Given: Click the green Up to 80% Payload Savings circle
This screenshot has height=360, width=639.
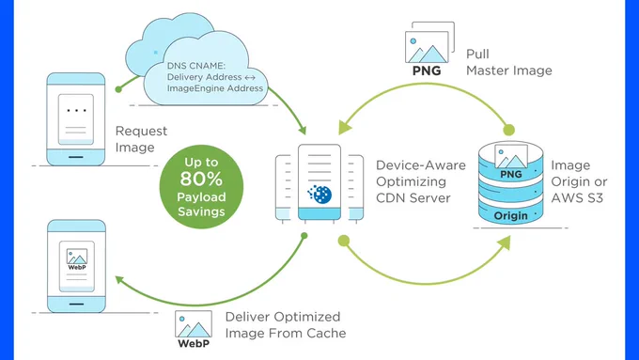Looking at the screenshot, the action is [x=201, y=187].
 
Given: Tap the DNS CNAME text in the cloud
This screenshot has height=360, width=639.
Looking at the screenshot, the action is [x=196, y=66].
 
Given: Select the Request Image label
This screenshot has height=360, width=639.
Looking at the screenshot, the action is [x=141, y=139].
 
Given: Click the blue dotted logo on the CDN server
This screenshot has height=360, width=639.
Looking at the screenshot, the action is [x=319, y=194].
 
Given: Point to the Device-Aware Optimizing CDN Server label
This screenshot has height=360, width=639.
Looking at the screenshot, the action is [x=421, y=181].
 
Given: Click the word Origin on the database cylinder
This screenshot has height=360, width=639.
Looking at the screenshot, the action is [x=510, y=215].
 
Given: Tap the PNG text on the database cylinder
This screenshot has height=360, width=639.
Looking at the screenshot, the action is [x=511, y=174].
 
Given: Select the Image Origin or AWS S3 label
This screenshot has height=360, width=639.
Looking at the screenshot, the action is [x=579, y=181].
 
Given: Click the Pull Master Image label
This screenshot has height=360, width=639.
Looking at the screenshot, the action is [x=509, y=62].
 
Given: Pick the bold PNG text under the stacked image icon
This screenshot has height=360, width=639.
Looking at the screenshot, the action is [x=427, y=70].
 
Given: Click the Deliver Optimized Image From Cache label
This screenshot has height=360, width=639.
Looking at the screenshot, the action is [x=286, y=325].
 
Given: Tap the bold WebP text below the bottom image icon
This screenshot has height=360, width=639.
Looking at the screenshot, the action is [x=194, y=343].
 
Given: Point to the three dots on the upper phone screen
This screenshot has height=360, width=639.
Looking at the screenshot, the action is [x=76, y=111].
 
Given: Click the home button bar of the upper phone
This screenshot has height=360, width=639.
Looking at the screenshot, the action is [x=76, y=157].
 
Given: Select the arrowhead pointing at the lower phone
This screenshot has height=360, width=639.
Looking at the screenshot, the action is [x=119, y=280].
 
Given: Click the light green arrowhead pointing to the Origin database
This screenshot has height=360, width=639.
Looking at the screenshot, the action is [x=504, y=243].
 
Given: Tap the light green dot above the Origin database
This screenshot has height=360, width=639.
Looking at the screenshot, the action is [x=508, y=130].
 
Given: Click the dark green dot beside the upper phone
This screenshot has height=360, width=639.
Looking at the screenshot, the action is [x=118, y=89].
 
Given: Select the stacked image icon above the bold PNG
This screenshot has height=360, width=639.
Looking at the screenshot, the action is [x=429, y=42].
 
